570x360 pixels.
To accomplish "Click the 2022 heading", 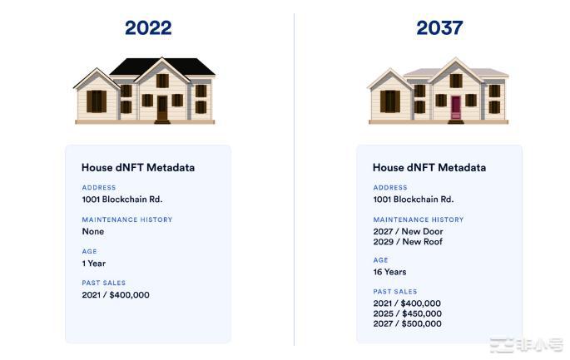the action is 148,28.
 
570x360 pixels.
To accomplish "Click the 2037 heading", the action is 439,28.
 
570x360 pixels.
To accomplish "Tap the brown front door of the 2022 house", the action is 162,108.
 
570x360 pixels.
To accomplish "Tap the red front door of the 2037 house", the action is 455,107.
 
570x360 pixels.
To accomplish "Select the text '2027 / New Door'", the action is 408,231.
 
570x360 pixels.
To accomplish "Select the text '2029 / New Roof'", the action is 408,242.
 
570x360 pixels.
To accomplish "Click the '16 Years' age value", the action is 389,272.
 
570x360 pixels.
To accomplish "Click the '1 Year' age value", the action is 94,264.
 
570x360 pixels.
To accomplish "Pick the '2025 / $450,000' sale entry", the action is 408,313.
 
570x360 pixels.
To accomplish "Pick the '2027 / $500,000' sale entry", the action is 407,323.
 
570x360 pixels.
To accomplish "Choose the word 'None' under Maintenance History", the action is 93,231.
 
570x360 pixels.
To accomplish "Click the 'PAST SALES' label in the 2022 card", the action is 104,283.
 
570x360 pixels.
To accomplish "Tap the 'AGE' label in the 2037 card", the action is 380,260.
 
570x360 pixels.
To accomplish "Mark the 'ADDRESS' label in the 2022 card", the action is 99,187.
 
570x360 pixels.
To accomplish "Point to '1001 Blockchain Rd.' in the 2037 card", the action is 414,200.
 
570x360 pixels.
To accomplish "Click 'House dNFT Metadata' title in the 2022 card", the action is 138,167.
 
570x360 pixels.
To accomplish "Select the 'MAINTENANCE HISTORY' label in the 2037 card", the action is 419,219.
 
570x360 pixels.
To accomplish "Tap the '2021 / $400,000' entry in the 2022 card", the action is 116,294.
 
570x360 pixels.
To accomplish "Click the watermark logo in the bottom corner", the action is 526,346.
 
